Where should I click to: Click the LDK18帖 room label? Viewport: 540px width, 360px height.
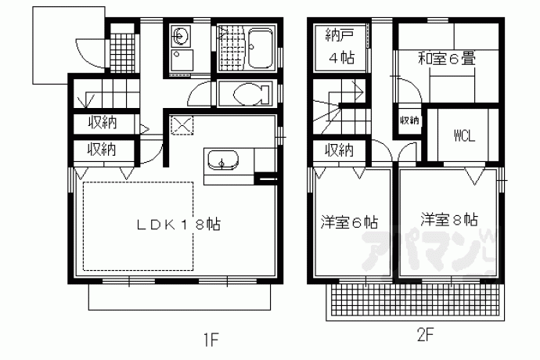(178, 225)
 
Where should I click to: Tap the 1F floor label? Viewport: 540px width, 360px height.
(211, 340)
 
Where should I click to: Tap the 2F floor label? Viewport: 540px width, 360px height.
(425, 335)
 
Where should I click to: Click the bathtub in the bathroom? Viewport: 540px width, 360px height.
(261, 49)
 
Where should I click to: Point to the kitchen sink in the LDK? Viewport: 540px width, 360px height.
(221, 160)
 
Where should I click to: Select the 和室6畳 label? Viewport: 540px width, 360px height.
(447, 59)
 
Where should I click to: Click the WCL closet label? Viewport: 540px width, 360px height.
(465, 135)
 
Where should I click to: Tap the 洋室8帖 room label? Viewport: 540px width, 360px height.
(449, 219)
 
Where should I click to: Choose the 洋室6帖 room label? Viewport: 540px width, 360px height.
(349, 222)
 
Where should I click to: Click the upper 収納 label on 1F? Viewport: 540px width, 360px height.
(103, 122)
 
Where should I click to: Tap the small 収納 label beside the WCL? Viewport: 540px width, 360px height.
(409, 121)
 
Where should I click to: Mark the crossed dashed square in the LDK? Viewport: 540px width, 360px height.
(182, 125)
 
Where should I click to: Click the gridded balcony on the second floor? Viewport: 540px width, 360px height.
(415, 299)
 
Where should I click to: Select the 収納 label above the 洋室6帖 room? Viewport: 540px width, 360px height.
(340, 150)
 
